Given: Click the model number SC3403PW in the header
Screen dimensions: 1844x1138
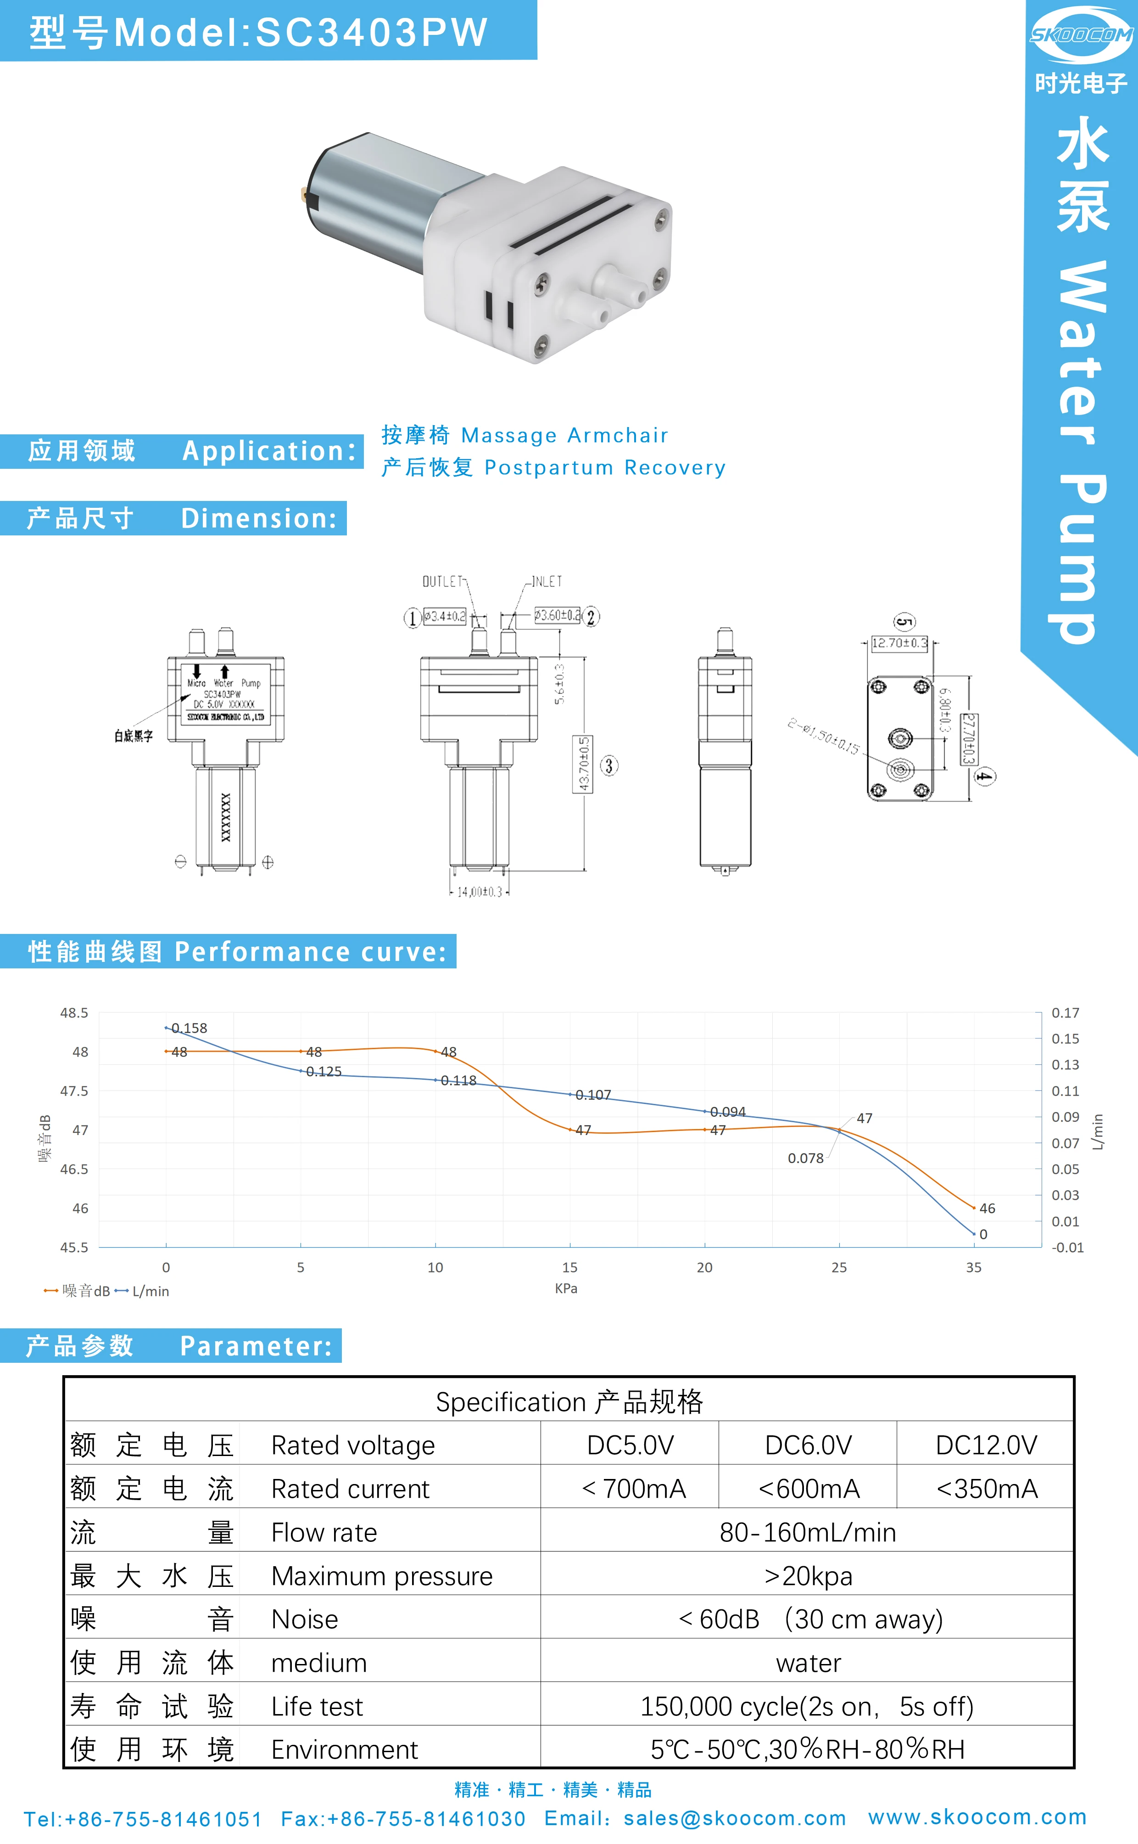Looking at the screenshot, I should [372, 33].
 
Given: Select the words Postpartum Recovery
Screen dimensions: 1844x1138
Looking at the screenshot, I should [605, 467].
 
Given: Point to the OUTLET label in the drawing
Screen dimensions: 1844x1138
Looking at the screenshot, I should [442, 581].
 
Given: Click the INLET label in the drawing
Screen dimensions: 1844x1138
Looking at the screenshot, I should [547, 581].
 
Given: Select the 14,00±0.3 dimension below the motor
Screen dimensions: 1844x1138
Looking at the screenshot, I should [480, 892].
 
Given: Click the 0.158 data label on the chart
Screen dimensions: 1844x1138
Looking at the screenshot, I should [189, 1028].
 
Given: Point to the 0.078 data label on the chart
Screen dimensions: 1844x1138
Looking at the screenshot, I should [805, 1158].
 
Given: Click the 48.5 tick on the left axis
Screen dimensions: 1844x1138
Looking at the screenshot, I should [74, 1013].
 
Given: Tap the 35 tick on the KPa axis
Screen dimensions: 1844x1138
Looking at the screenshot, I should [973, 1267].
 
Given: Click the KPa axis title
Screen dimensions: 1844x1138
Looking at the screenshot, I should [566, 1288].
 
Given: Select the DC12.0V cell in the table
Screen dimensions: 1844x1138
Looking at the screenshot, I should [986, 1445].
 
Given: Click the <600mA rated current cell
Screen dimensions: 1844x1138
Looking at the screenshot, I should [809, 1489].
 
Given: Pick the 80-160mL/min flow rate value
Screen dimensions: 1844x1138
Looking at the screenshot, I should [808, 1532].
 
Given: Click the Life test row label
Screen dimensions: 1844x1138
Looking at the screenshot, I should [317, 1706].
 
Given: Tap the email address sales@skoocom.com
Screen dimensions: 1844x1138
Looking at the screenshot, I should [735, 1818].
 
